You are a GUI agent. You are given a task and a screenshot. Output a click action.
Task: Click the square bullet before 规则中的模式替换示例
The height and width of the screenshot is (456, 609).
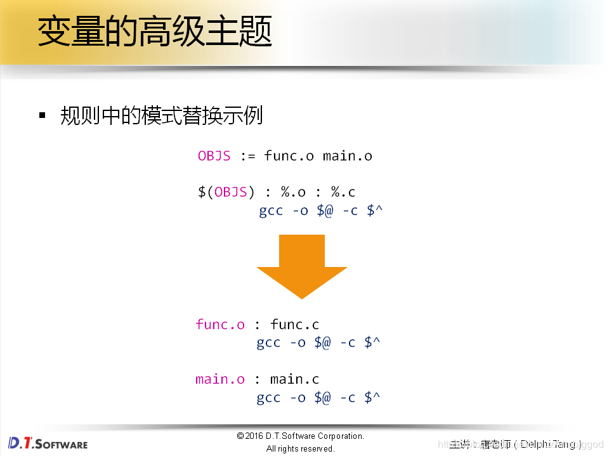[43, 115]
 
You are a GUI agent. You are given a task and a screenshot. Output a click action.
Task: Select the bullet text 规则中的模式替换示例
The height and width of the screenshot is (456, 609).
[161, 115]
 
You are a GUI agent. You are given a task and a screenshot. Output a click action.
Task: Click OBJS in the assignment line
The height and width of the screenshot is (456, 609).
[214, 156]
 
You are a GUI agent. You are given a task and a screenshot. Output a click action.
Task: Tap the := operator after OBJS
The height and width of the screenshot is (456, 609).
[247, 156]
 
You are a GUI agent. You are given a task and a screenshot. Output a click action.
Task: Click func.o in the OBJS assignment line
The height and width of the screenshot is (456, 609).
[289, 156]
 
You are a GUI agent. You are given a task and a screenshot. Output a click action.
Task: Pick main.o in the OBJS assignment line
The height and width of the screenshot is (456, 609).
[347, 156]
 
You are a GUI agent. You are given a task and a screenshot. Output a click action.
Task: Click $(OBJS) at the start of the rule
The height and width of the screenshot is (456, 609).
[226, 192]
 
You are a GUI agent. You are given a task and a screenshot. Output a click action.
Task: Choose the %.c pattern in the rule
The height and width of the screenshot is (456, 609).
[343, 192]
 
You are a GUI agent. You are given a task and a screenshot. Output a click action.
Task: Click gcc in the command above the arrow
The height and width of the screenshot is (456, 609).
[271, 211]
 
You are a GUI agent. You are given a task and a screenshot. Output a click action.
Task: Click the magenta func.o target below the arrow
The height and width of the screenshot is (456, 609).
[220, 325]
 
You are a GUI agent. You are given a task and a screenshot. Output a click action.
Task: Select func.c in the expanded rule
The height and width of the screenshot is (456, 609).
[294, 325]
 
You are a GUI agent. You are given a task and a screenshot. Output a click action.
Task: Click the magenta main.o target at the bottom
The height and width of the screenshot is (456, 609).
[220, 379]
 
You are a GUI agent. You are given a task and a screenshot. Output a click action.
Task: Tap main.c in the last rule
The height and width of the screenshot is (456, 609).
[294, 379]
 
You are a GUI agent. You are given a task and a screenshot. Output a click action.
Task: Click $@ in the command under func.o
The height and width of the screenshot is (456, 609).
[322, 342]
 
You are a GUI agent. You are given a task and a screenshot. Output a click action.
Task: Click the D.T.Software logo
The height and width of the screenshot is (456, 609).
[48, 443]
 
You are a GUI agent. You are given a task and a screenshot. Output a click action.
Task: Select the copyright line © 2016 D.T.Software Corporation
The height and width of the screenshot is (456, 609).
[300, 436]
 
